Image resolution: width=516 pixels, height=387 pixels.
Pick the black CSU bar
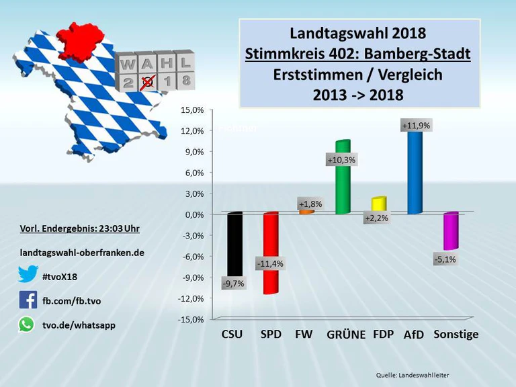click(234, 242)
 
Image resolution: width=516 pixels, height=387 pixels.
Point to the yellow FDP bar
click(379, 204)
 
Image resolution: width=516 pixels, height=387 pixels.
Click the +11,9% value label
click(416, 126)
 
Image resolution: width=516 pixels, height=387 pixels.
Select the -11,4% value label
click(270, 264)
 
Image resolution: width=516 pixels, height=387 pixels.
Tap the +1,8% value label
click(310, 204)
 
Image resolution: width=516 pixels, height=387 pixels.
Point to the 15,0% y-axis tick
click(192, 110)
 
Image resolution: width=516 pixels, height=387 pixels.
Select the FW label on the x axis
click(304, 334)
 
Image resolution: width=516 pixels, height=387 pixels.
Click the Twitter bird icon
click(28, 274)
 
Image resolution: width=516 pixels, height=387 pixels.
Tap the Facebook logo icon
click(28, 300)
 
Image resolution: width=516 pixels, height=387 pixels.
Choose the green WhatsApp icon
click(27, 325)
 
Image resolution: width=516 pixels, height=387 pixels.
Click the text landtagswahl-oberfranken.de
click(82, 253)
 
